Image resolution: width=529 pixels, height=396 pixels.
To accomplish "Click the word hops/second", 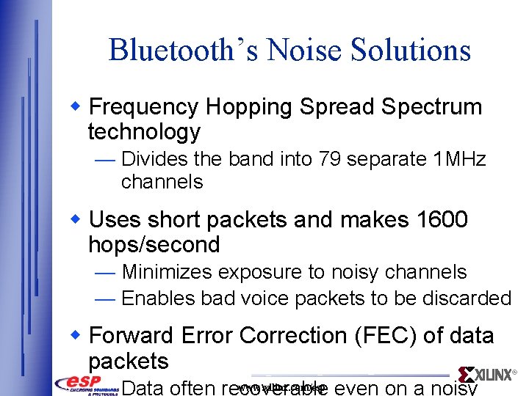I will click(x=154, y=245).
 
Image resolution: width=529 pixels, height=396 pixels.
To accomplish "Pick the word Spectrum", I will click(x=439, y=107).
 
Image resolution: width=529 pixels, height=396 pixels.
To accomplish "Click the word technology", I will click(x=144, y=132).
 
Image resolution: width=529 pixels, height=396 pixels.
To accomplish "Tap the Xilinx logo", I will click(x=486, y=375).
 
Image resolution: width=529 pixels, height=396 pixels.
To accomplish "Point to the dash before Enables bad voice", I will click(x=105, y=298).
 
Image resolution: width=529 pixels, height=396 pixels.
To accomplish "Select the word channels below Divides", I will click(x=162, y=182).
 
